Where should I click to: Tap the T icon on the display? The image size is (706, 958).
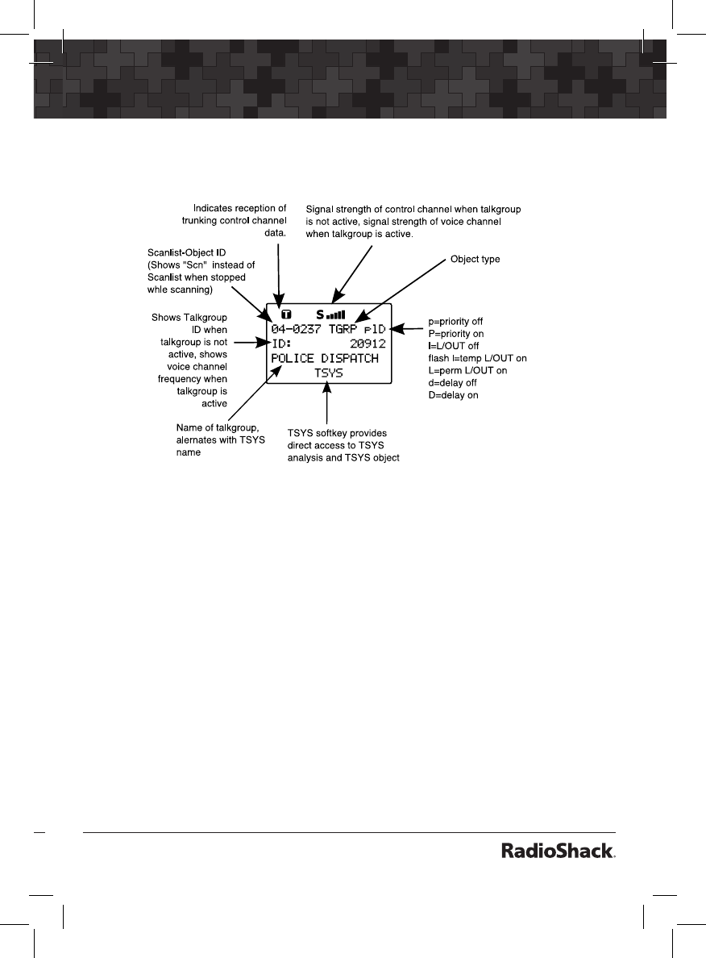pyautogui.click(x=286, y=314)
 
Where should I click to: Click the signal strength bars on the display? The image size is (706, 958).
pyautogui.click(x=335, y=314)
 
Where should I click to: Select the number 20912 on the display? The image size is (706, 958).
pyautogui.click(x=368, y=344)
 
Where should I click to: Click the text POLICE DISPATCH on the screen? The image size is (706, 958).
pyautogui.click(x=325, y=358)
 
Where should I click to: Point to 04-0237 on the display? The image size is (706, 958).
pyautogui.click(x=296, y=329)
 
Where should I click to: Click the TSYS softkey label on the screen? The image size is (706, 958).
pyautogui.click(x=328, y=373)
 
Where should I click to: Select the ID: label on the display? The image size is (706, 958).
pyautogui.click(x=282, y=344)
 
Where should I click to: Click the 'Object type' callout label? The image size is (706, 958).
pyautogui.click(x=476, y=259)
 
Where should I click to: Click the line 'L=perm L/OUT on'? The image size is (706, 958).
pyautogui.click(x=467, y=370)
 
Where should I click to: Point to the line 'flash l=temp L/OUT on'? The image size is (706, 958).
pyautogui.click(x=477, y=357)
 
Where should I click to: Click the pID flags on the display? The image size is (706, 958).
pyautogui.click(x=374, y=329)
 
